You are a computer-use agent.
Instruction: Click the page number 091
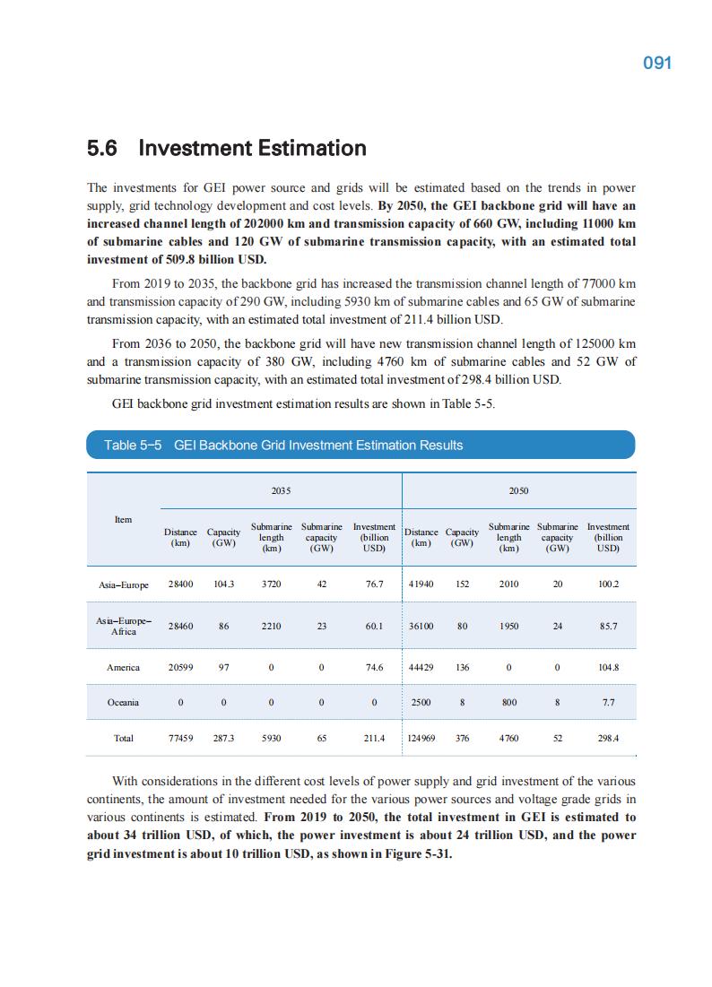click(x=657, y=63)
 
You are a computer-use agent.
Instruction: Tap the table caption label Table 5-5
click(x=133, y=445)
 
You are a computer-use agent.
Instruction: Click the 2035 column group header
click(x=281, y=491)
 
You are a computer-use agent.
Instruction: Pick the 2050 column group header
click(x=518, y=491)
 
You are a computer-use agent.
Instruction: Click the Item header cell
click(x=124, y=519)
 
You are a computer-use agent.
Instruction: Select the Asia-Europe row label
click(x=124, y=584)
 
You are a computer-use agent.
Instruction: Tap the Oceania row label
click(x=124, y=703)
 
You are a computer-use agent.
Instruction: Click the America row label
click(x=124, y=667)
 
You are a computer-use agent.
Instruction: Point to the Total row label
click(x=124, y=739)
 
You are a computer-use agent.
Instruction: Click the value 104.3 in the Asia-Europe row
click(x=223, y=584)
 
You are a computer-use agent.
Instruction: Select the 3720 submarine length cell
click(x=271, y=584)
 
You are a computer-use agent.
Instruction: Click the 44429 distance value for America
click(x=421, y=667)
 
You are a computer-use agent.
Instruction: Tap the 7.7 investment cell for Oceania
click(x=608, y=703)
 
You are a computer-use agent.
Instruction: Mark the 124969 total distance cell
click(x=421, y=739)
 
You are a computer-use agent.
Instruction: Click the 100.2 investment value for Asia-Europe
click(x=608, y=584)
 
